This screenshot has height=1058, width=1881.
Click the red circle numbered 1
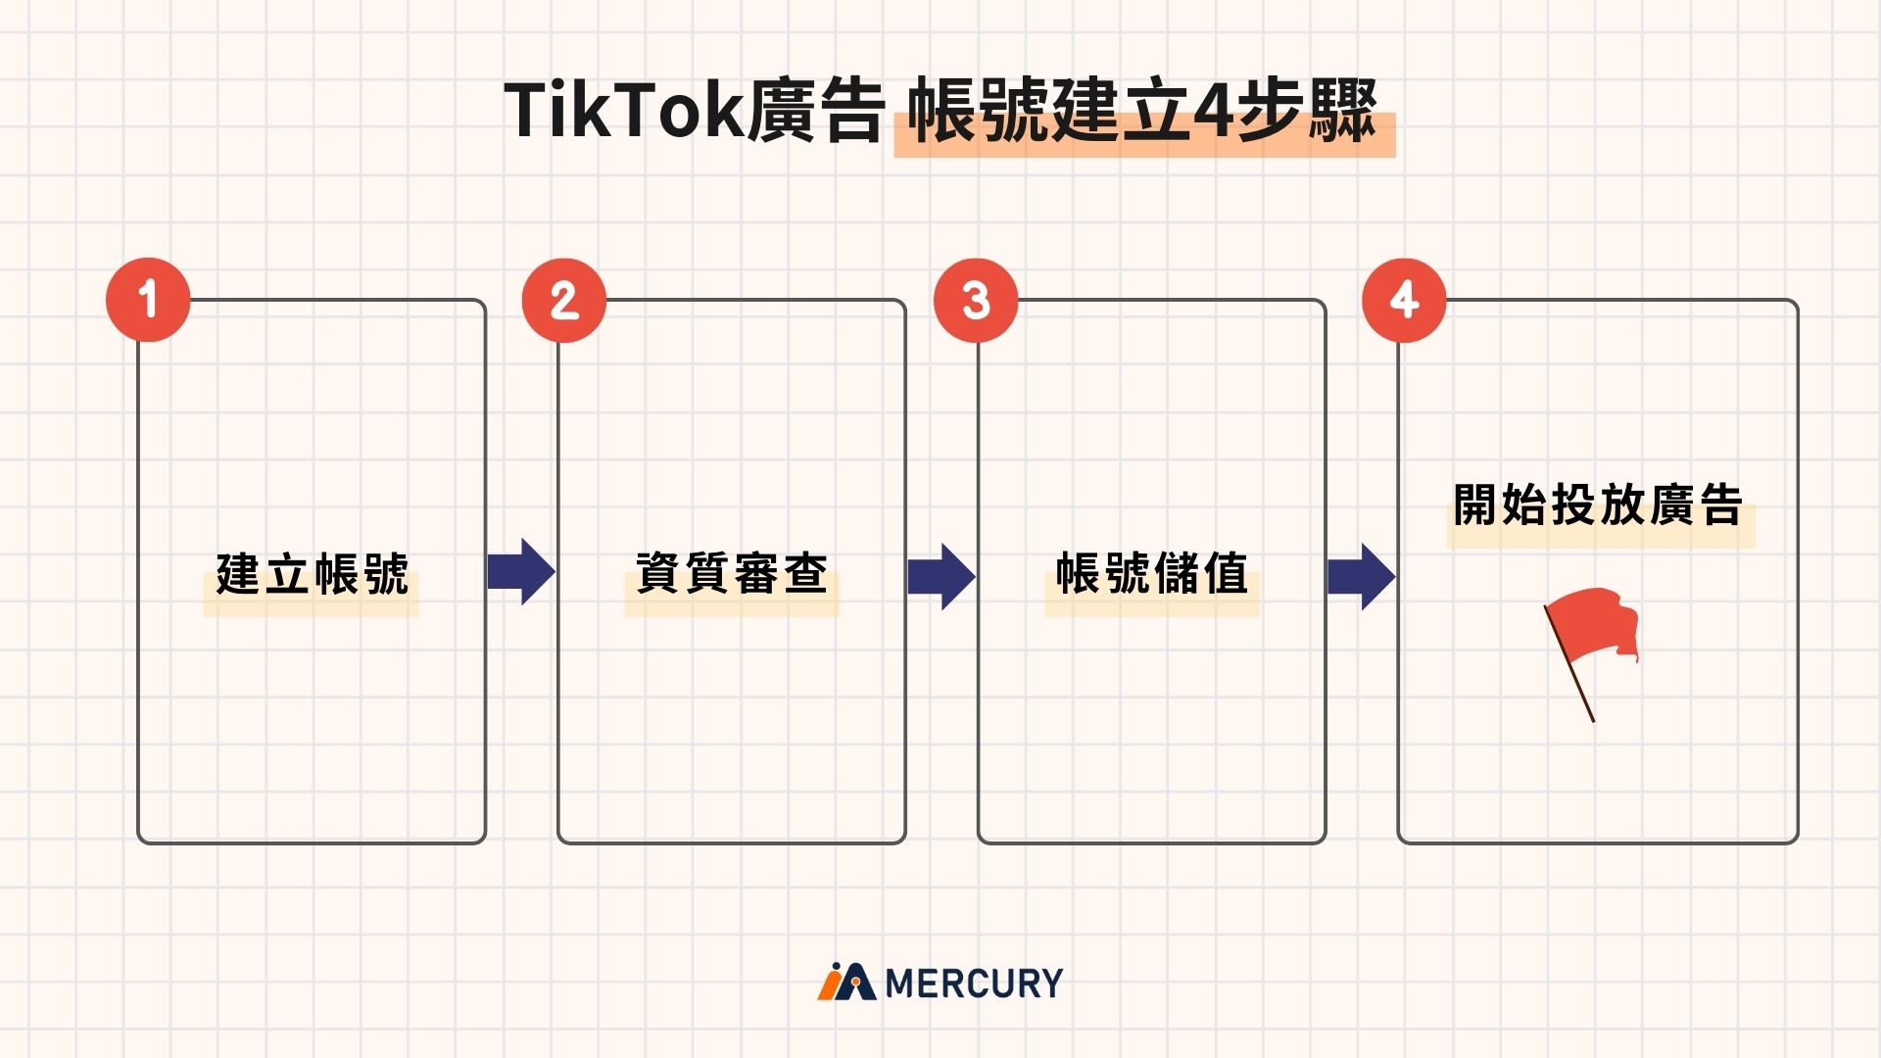[148, 300]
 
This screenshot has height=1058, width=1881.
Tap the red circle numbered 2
[564, 300]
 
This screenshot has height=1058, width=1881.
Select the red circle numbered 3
[976, 300]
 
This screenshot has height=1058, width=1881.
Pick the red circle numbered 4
[1404, 300]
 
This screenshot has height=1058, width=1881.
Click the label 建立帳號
[312, 574]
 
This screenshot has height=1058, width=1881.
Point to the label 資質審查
[732, 574]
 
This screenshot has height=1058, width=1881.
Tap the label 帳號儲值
[1152, 574]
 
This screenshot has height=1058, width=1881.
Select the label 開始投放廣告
[1598, 505]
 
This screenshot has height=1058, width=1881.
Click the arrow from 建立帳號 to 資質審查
[521, 572]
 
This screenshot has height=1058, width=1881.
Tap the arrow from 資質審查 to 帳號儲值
[941, 576]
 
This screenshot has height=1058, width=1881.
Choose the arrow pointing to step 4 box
[1361, 576]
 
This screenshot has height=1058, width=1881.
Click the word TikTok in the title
[624, 112]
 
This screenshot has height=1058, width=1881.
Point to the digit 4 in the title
[1213, 112]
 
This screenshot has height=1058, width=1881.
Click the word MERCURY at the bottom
[974, 983]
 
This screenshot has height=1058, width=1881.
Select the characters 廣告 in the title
[815, 112]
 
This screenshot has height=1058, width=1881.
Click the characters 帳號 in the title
[980, 112]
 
